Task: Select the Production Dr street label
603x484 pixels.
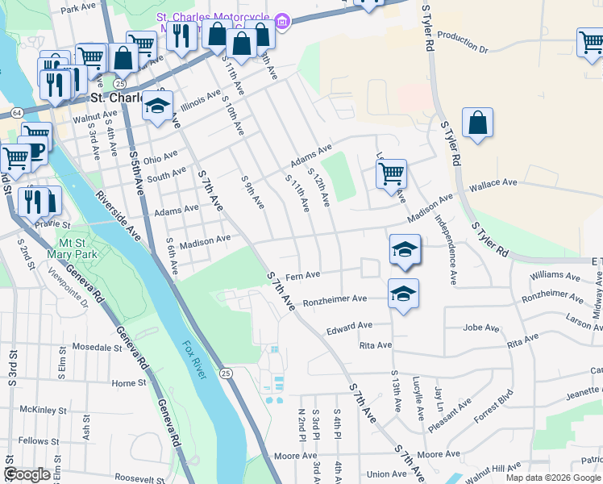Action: point(464,43)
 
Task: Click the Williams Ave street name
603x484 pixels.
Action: point(555,276)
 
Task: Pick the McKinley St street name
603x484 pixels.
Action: point(40,409)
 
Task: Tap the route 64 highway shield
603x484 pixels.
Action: point(16,112)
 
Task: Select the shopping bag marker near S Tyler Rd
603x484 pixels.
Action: point(477,123)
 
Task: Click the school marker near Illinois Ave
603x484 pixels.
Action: point(157,106)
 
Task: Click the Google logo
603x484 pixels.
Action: point(27,474)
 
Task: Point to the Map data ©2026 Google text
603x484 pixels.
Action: point(553,478)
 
